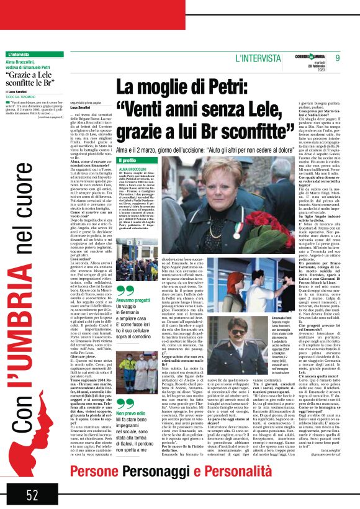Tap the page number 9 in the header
coord(338,58)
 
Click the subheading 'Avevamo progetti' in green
coord(133,300)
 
